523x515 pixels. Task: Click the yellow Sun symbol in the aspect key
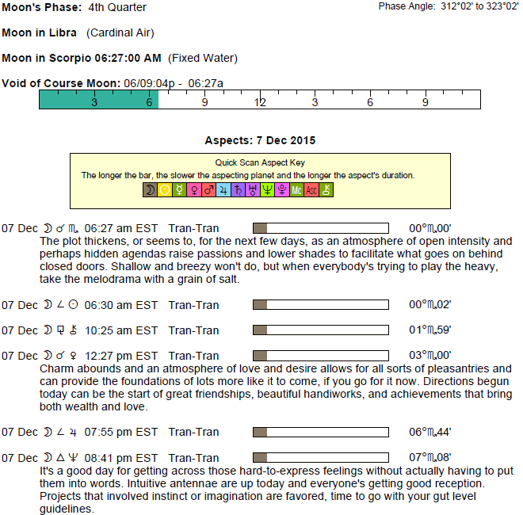[164, 190]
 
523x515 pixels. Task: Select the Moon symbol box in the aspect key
[149, 190]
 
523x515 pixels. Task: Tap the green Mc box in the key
[296, 190]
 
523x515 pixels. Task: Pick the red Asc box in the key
[311, 190]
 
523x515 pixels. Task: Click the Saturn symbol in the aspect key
[238, 190]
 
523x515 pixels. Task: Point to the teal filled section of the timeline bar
[98, 99]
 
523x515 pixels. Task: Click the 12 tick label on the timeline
[260, 103]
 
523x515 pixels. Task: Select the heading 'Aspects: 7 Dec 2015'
[260, 140]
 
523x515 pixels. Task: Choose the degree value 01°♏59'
[430, 330]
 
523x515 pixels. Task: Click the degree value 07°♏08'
[430, 457]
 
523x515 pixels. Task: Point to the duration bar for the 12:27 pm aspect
[320, 356]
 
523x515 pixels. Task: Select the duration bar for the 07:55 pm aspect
[320, 432]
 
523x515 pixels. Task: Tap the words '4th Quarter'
[117, 7]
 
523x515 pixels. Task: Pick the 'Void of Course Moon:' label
[61, 83]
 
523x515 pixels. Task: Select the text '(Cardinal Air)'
[120, 32]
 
